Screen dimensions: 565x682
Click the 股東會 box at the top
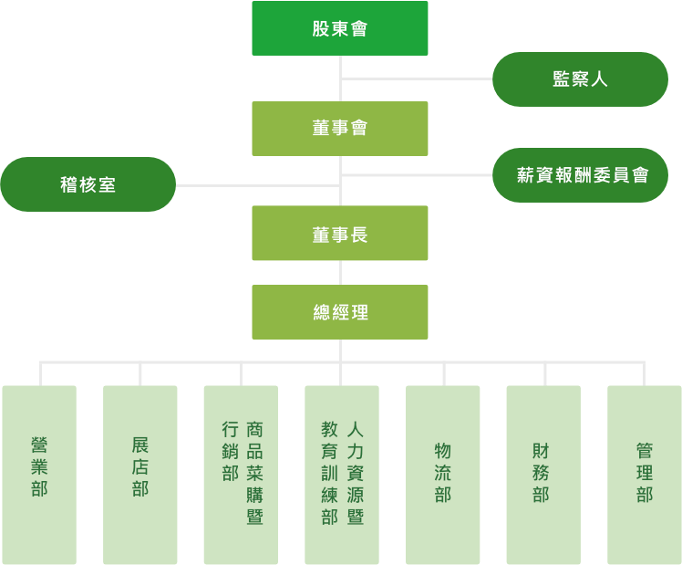click(x=339, y=28)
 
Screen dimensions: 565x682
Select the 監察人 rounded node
click(x=580, y=79)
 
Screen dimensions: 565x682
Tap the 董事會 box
click(x=339, y=128)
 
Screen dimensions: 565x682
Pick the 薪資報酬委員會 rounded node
click(x=582, y=174)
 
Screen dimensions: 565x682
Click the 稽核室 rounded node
click(x=88, y=184)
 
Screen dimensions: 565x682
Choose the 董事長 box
click(x=339, y=234)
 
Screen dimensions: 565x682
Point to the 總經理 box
click(x=339, y=312)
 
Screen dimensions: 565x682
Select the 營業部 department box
click(x=39, y=475)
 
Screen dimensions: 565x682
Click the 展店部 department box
click(x=139, y=475)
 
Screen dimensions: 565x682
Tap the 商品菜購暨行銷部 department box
click(x=241, y=475)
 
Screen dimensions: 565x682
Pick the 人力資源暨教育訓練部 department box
click(x=342, y=475)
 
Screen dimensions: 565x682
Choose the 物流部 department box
click(x=443, y=475)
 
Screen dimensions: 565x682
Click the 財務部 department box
click(x=543, y=475)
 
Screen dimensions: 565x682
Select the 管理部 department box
click(x=644, y=475)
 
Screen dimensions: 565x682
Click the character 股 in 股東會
click(x=320, y=28)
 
